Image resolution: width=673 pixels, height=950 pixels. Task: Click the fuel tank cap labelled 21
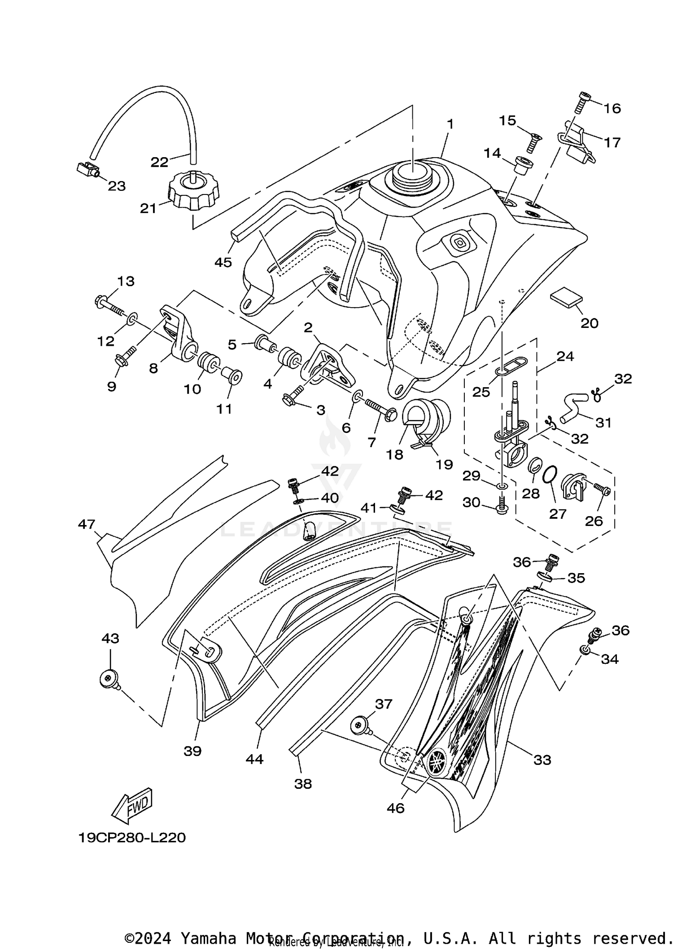[193, 194]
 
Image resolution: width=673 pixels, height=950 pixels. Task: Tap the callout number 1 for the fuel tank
[450, 124]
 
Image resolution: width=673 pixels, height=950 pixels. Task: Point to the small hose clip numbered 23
[87, 170]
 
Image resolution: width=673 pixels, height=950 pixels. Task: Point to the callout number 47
[87, 524]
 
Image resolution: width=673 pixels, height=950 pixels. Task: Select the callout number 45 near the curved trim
[223, 262]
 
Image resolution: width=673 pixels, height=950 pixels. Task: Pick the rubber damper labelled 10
[208, 362]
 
